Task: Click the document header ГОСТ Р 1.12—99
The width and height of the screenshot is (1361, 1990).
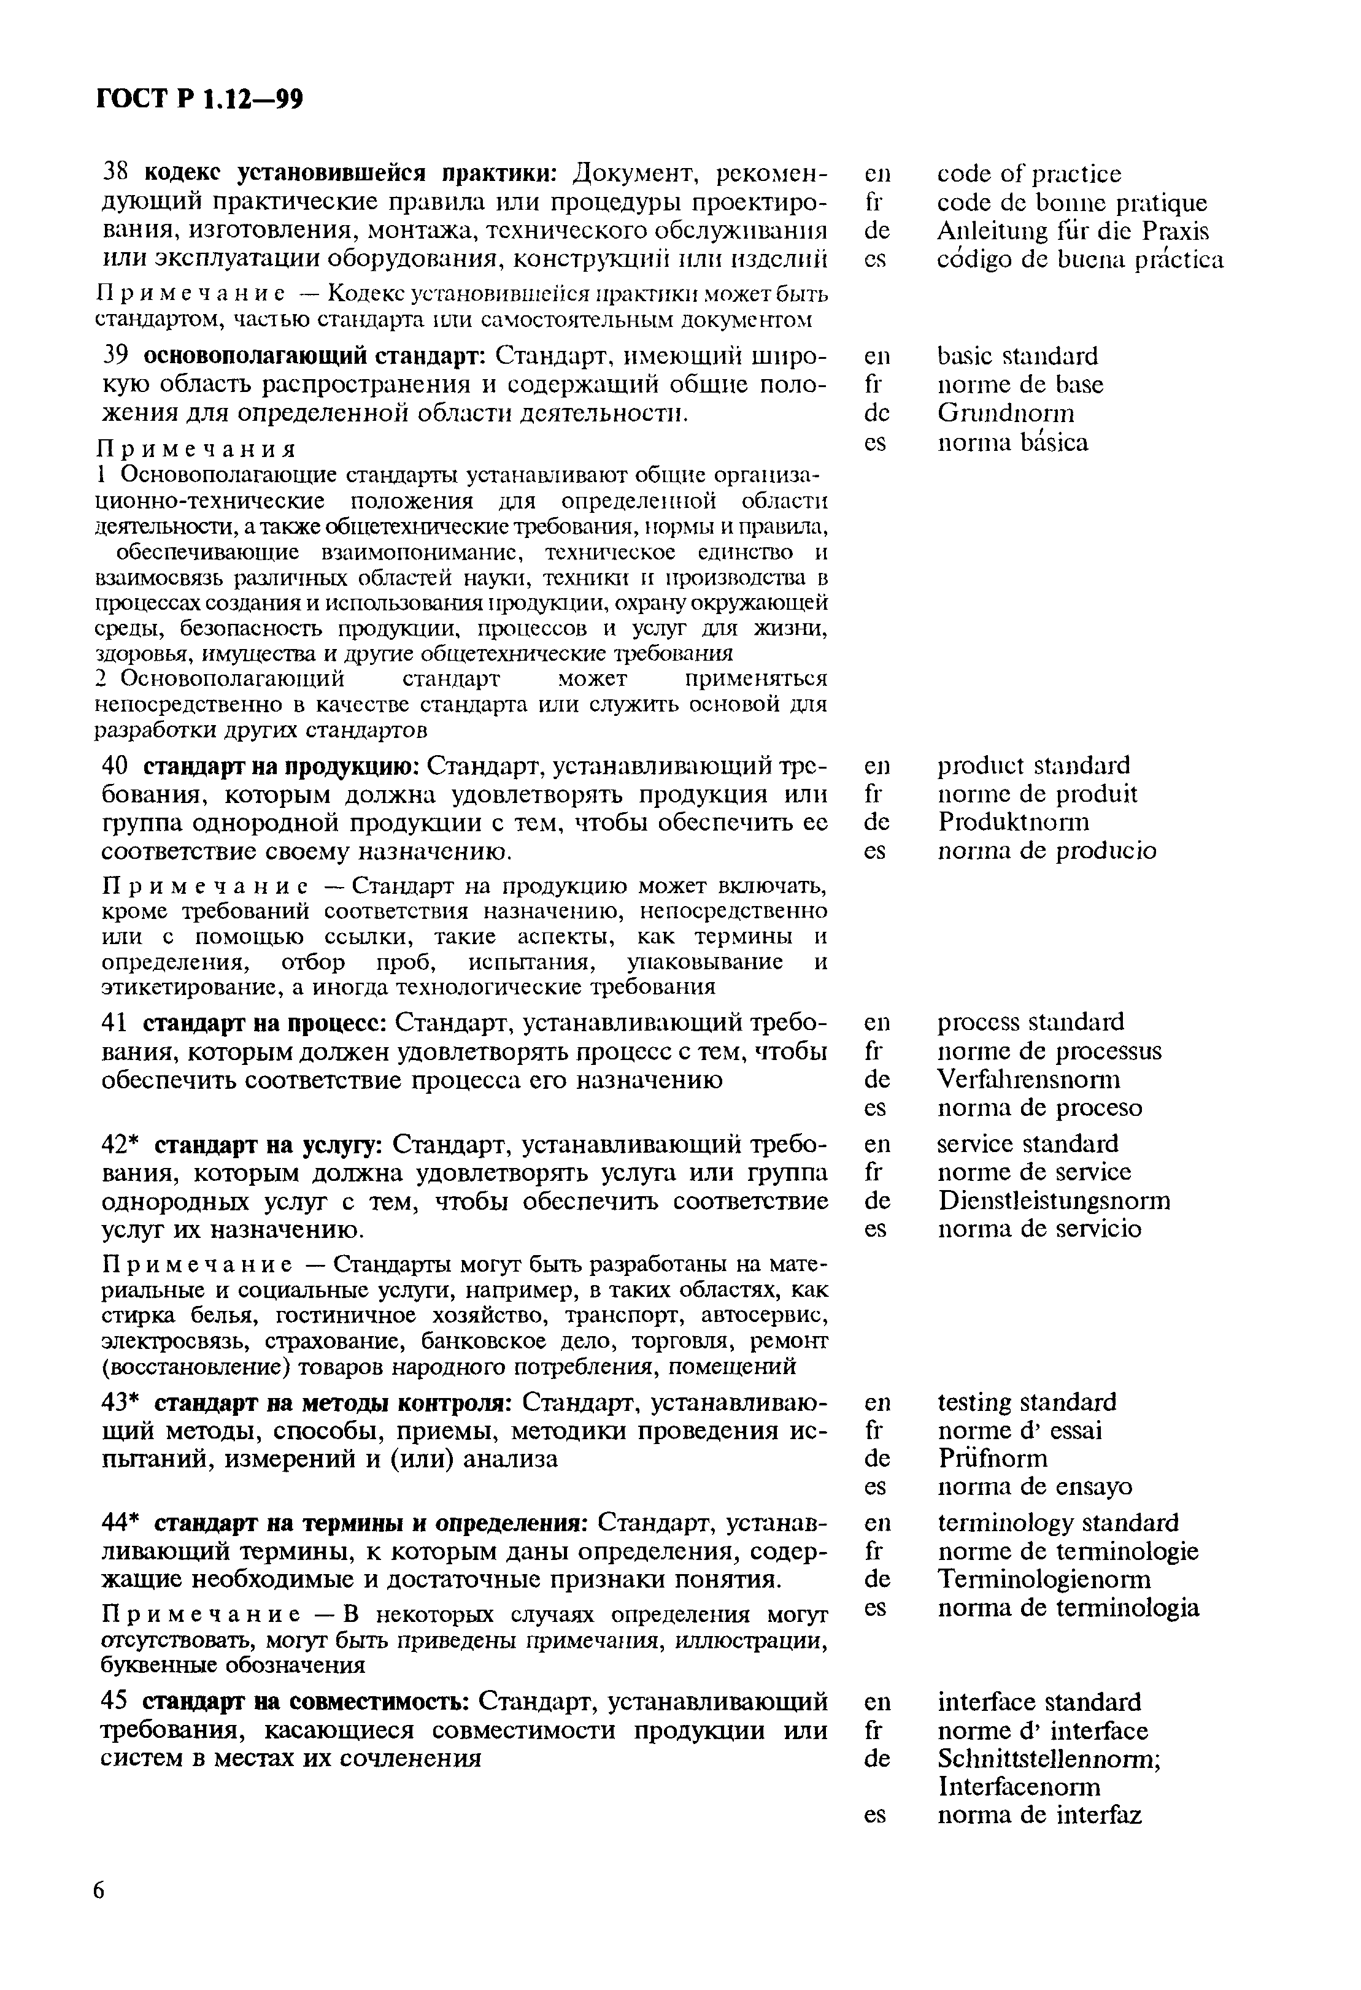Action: point(199,100)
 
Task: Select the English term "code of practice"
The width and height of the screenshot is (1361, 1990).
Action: point(1028,175)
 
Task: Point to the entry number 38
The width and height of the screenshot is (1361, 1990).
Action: point(115,173)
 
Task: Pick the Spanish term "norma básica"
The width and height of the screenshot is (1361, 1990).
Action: point(1012,443)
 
